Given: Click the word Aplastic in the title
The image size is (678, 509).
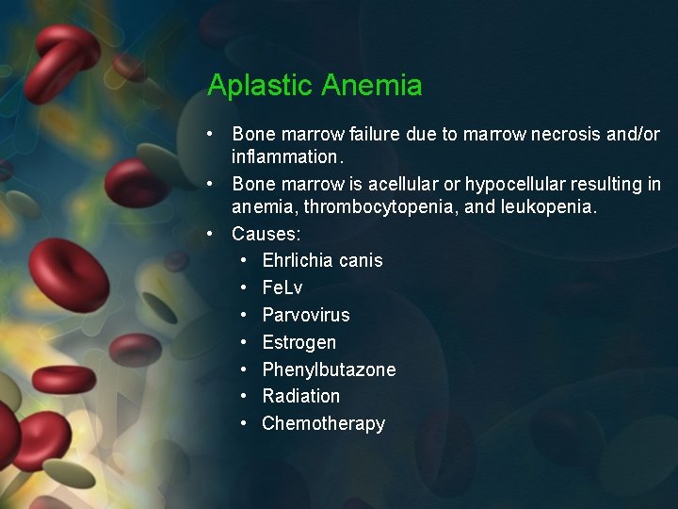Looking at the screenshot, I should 260,86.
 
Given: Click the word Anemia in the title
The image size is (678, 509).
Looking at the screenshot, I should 371,86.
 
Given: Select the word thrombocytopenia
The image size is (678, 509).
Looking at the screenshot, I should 384,205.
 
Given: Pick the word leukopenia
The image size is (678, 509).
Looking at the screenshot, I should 551,205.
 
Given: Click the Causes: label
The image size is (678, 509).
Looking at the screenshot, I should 266,233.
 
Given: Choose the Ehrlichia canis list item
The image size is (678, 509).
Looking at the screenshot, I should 322,260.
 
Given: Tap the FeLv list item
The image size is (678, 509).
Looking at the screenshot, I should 282,287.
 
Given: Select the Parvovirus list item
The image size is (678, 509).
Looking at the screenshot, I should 306,315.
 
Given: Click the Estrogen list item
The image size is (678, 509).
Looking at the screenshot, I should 299,342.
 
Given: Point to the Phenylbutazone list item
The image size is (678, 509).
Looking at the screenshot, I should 329,369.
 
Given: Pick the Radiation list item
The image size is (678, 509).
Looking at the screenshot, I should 301,396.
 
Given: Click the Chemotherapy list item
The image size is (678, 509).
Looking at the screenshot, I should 324,423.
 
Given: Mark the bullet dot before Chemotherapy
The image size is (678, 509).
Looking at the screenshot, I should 244,423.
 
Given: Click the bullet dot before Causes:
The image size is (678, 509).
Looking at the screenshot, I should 214,233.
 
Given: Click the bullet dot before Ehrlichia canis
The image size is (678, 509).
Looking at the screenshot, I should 244,260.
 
